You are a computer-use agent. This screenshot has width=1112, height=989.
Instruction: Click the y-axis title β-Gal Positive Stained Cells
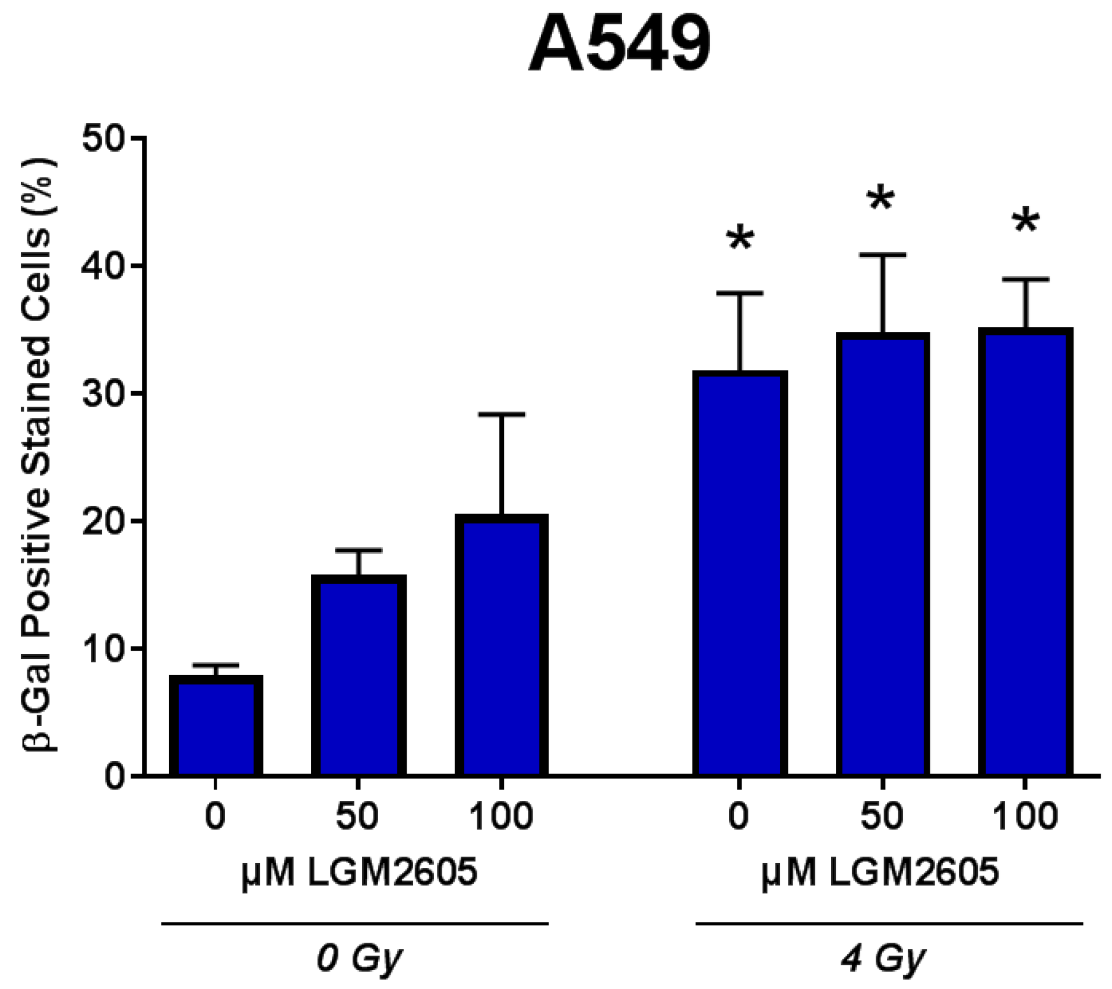41,455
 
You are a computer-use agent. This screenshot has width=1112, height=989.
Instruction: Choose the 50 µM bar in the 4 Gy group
883,554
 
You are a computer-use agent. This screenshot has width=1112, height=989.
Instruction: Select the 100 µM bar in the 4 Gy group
1025,552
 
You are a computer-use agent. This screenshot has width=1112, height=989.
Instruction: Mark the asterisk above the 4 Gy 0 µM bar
740,240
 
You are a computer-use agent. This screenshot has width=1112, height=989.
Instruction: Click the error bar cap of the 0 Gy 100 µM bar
502,414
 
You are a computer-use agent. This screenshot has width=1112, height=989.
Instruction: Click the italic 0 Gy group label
359,959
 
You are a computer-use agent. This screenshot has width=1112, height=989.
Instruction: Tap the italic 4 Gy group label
883,959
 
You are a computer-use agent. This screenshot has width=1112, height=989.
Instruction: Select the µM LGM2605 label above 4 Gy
880,873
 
